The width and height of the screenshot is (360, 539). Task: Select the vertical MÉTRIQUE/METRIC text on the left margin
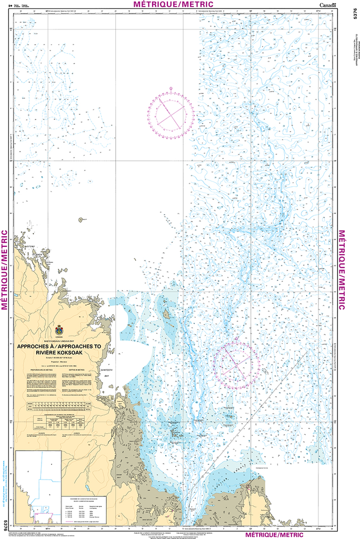pos(5,270)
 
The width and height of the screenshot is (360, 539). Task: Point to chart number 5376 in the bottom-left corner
pos(5,524)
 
